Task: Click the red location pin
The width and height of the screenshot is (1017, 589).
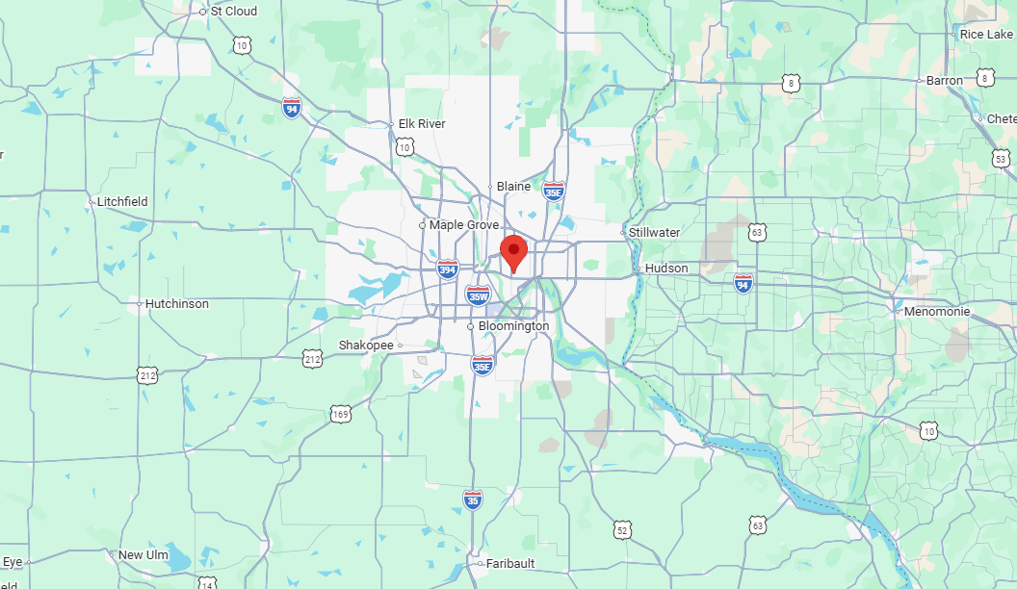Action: click(514, 253)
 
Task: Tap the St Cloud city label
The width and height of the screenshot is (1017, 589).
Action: click(233, 12)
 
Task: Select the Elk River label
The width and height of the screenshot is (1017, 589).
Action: click(422, 124)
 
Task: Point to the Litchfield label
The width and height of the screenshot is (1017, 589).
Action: click(122, 202)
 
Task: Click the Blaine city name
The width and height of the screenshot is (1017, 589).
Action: click(513, 187)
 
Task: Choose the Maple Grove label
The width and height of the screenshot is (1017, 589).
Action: click(464, 225)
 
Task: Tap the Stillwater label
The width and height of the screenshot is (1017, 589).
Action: click(654, 233)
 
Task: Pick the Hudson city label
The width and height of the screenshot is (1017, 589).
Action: click(666, 269)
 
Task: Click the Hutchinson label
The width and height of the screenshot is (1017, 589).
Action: click(176, 304)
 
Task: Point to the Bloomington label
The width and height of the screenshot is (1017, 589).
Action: click(513, 326)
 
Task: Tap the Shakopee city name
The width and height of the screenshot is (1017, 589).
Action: click(365, 346)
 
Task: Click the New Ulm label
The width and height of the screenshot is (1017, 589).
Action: click(143, 555)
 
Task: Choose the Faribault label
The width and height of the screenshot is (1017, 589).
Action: click(510, 564)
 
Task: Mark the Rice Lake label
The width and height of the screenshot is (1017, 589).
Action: click(985, 35)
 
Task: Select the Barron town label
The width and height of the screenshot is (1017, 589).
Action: click(944, 81)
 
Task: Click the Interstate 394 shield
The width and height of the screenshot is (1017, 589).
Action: click(447, 269)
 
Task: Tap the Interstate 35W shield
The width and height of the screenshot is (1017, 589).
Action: click(477, 295)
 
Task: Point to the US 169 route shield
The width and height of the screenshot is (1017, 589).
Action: click(340, 414)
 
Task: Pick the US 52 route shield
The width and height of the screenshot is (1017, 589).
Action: click(623, 528)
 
